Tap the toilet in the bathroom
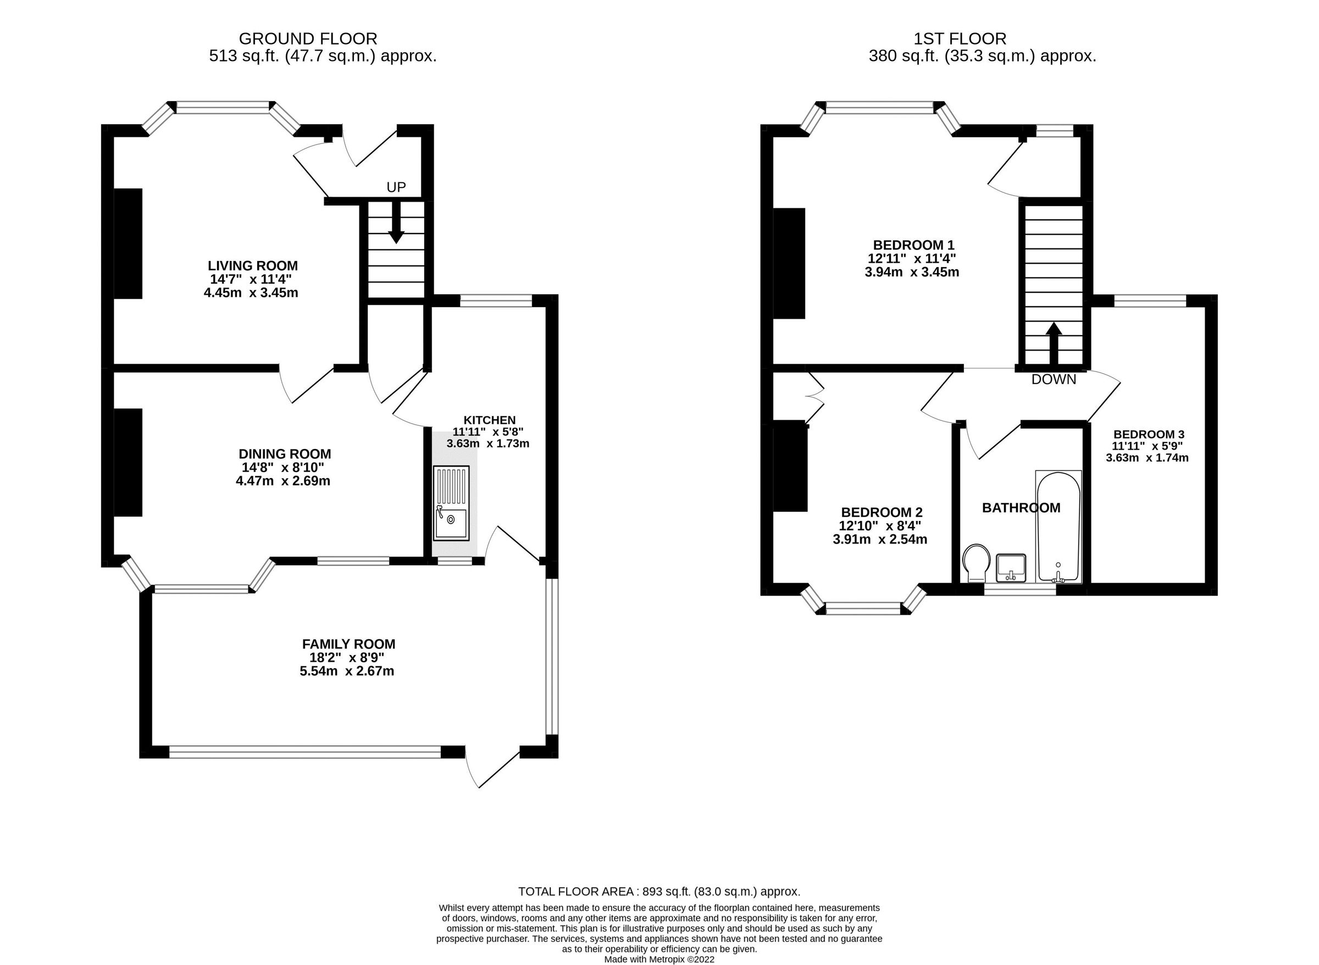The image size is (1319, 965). (x=977, y=563)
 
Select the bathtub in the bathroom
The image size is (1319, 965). (x=1058, y=526)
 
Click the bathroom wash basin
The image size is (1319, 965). (x=1011, y=567)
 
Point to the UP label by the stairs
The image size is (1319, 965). (x=396, y=187)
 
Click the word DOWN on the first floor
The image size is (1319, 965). (x=1053, y=380)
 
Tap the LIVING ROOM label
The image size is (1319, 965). (x=252, y=267)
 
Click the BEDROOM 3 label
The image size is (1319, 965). (x=1149, y=435)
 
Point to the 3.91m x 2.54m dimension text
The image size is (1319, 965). (x=880, y=540)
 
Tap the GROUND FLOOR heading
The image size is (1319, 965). (x=308, y=39)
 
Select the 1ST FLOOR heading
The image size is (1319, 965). (x=960, y=39)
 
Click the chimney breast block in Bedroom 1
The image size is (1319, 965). (x=789, y=263)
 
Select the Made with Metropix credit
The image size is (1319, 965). (x=659, y=959)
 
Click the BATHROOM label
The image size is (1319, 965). (x=1021, y=508)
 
